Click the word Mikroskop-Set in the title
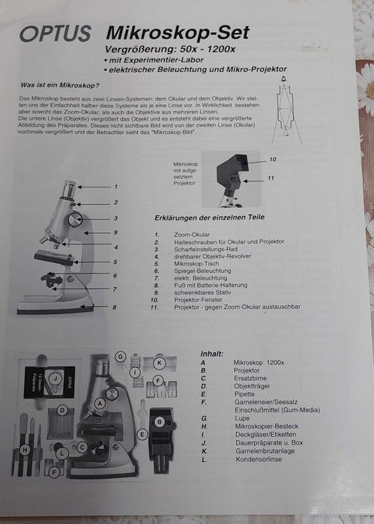pos(178,32)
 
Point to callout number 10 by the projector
pos(272,159)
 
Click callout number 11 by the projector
pos(271,178)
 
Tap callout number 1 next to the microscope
pos(115,186)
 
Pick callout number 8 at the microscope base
pos(115,307)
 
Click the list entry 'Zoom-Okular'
pos(191,235)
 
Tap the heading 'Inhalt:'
pos(213,353)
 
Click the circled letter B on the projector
pos(160,422)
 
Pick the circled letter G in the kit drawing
pos(120,356)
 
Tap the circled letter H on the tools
pos(25,450)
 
